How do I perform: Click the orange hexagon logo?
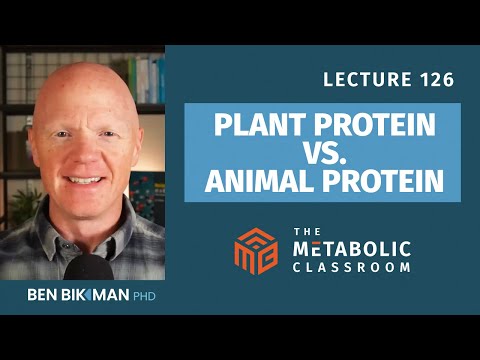(255, 249)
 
